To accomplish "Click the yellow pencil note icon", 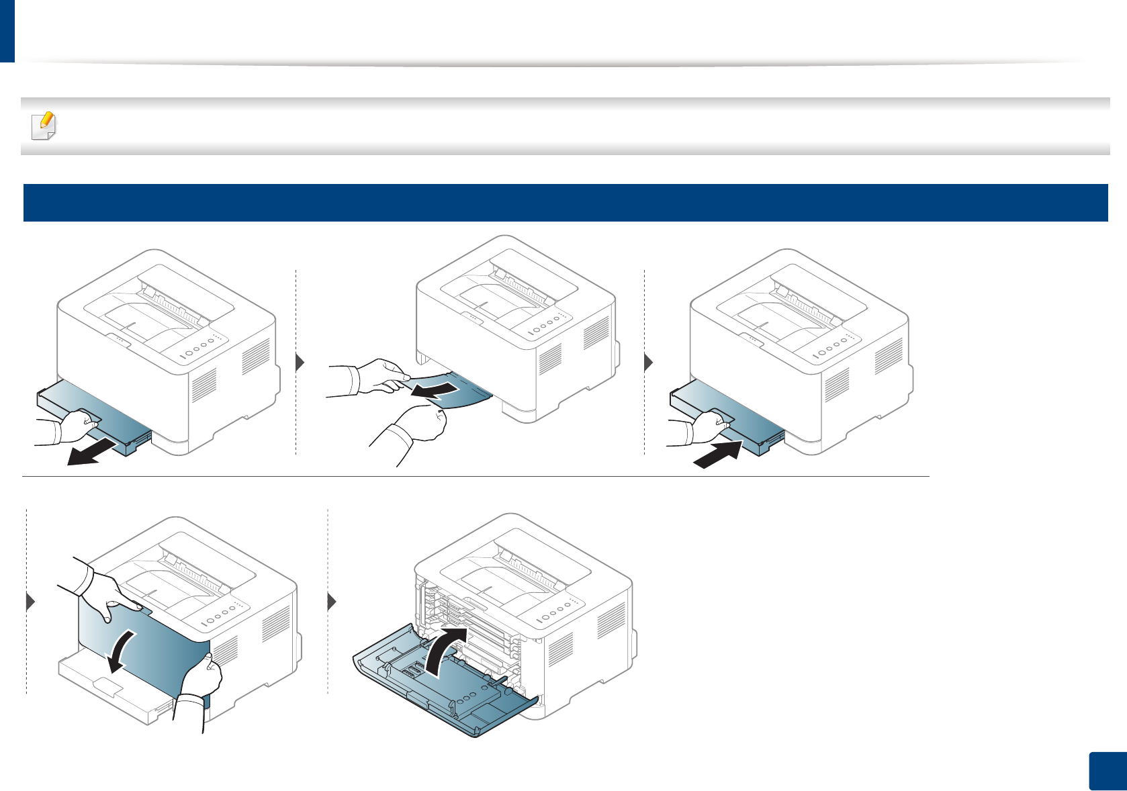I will (x=45, y=126).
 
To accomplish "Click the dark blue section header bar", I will (x=564, y=203).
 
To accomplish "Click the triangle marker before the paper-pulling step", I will (x=301, y=363).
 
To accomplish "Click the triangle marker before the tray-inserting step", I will (x=648, y=363).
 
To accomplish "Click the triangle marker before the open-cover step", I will (x=331, y=602).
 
